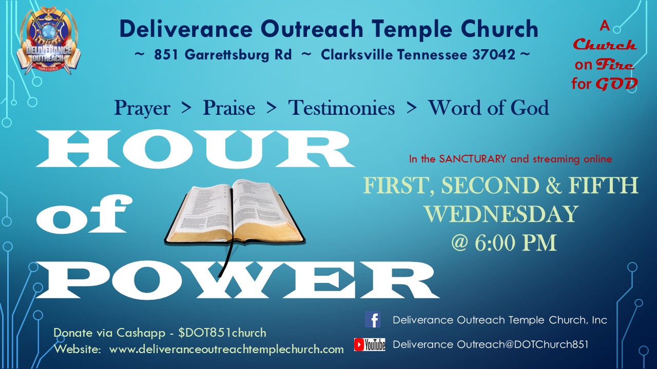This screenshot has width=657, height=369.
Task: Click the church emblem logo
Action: click(48, 40)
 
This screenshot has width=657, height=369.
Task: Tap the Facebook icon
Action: click(373, 319)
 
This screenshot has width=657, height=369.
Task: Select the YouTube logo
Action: click(370, 344)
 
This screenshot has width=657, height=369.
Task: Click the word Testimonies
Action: click(341, 108)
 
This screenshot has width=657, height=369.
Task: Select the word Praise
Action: click(229, 108)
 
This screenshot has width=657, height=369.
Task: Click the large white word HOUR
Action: click(195, 149)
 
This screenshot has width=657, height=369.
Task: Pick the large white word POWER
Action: click(237, 280)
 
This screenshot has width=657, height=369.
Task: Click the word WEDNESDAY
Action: click(502, 214)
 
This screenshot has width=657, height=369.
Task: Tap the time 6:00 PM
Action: click(516, 243)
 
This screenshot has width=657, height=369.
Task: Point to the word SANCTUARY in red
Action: click(472, 159)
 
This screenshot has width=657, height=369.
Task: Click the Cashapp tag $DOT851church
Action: click(222, 333)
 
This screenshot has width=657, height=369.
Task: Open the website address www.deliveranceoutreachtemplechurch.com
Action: click(226, 349)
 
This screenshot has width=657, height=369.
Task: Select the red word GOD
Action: click(617, 84)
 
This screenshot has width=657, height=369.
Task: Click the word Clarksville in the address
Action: click(357, 54)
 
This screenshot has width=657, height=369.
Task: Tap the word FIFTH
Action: click(604, 185)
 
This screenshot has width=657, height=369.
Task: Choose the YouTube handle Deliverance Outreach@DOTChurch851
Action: click(490, 344)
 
